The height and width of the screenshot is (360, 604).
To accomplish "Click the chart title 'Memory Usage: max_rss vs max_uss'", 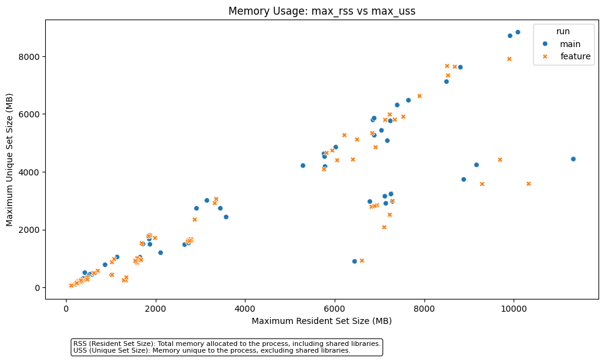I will (321, 11).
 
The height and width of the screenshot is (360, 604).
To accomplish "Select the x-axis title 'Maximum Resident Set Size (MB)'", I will (321, 321).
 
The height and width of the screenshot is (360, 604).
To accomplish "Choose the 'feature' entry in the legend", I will (575, 56).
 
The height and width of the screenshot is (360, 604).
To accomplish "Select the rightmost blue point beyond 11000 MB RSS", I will (573, 159).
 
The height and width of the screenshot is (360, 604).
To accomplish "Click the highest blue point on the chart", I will (518, 32).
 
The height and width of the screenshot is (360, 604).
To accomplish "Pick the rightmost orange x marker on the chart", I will (528, 183).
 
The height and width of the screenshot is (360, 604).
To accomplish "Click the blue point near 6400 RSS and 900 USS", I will (354, 261).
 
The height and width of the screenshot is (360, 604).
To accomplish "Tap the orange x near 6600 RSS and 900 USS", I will (362, 260).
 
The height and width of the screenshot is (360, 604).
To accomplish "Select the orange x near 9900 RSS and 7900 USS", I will (509, 59).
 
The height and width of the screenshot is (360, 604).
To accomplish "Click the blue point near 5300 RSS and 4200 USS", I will (303, 166).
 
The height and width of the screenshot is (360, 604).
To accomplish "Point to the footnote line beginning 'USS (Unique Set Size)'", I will (212, 351).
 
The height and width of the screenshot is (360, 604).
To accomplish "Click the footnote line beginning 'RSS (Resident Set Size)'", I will (227, 344).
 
